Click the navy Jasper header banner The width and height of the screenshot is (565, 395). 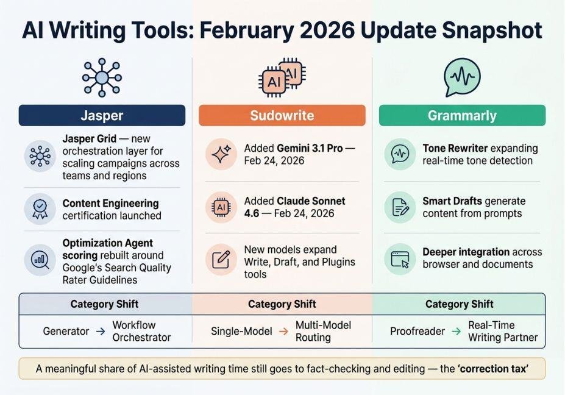102,115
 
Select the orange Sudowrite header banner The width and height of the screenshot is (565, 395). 282,115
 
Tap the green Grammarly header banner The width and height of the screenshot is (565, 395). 463,115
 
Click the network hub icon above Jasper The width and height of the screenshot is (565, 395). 102,77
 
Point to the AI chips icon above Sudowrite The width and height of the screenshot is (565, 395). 282,77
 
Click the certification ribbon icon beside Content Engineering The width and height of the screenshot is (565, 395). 40,209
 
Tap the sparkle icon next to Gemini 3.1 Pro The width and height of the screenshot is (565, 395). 221,154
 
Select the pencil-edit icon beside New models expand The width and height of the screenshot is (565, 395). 221,260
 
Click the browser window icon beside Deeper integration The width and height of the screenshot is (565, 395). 400,259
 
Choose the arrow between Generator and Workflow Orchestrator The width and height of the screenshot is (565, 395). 101,331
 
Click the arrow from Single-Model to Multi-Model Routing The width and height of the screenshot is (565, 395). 284,331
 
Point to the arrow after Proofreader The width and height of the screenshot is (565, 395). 457,331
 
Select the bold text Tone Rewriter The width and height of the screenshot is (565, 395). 455,148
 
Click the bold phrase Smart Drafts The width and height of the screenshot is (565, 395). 452,201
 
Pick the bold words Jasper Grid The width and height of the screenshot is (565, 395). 90,139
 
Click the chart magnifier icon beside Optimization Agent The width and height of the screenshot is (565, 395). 40,260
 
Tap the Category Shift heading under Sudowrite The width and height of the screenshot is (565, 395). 282,304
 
